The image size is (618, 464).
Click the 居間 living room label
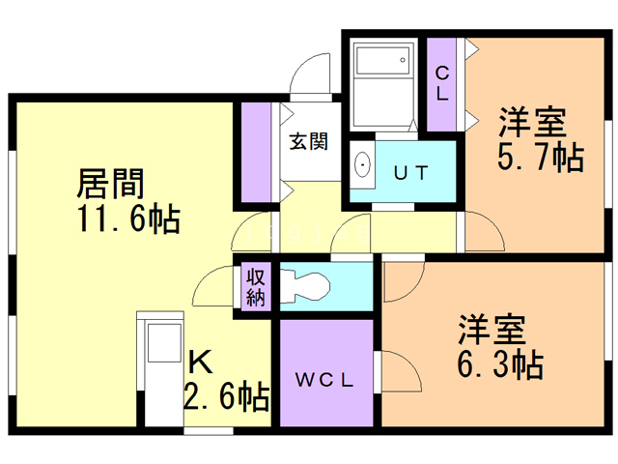[x=111, y=183]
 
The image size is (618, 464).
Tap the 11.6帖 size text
[x=128, y=218]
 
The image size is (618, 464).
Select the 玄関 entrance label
[x=309, y=141]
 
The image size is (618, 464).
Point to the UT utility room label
[x=410, y=173]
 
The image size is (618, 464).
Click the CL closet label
[x=442, y=84]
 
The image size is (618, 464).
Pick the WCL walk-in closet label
[x=324, y=380]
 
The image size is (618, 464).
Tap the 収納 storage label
[x=256, y=288]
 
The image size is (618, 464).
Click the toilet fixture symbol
[x=304, y=286]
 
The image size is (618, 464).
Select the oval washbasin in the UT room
[x=362, y=164]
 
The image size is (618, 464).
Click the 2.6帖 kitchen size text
[x=227, y=396]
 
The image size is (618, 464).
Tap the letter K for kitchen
[x=200, y=362]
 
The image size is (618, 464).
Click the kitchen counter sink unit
[x=160, y=369]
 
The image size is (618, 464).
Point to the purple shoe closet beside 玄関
[x=256, y=153]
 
